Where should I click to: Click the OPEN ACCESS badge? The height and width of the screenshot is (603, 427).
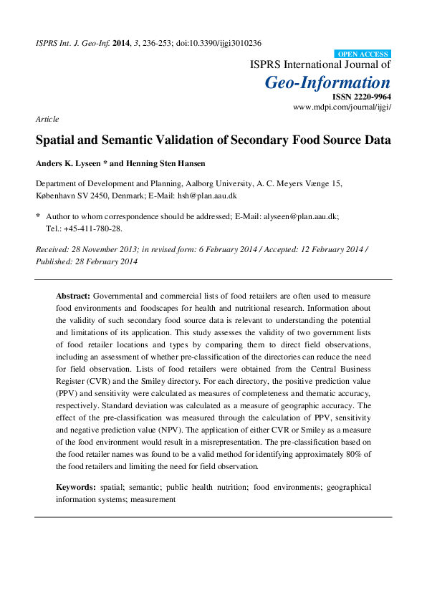point(363,54)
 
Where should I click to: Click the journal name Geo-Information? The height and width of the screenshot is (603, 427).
point(328,82)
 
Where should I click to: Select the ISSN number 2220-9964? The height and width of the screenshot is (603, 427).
point(371,97)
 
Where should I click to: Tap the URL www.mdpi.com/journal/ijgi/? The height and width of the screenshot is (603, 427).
point(342,107)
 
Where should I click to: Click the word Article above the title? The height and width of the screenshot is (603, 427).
point(47,119)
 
